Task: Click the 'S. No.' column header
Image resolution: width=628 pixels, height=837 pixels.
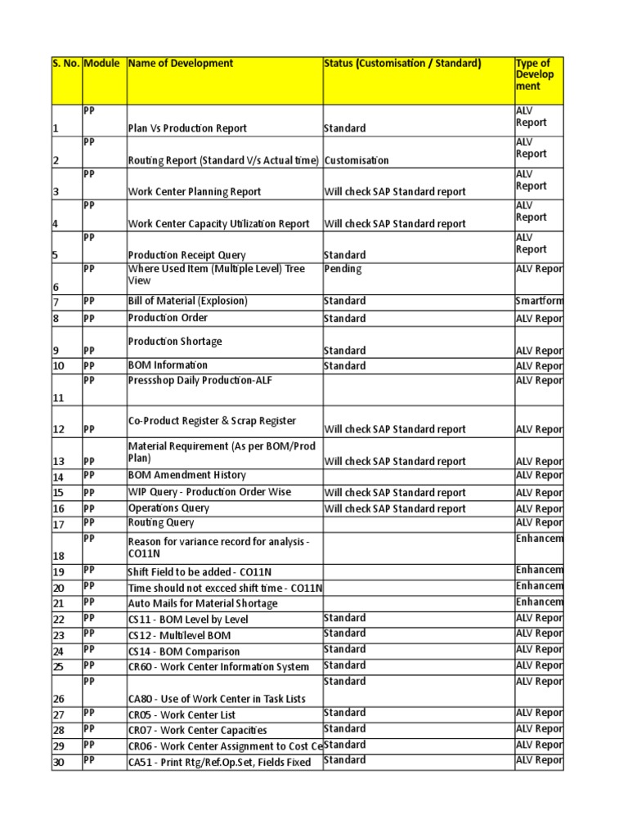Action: coord(66,64)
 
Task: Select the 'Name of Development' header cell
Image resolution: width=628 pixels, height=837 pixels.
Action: coord(181,64)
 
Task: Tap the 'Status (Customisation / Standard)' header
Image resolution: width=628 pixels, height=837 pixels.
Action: coord(402,64)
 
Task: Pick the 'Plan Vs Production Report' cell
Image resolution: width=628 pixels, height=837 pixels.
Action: coord(187,128)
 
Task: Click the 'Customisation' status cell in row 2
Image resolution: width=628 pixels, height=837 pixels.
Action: coord(357,161)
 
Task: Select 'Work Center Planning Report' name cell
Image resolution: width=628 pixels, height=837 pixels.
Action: coord(195,192)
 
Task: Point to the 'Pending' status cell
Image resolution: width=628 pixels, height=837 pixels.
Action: coord(343,269)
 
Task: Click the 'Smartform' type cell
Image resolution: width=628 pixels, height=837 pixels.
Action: coord(539,302)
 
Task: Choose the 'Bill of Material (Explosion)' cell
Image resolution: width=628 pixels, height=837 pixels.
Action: coord(187,302)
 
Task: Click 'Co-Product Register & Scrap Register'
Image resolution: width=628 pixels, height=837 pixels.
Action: coord(212,421)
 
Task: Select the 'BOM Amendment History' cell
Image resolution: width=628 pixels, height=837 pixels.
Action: coord(186,476)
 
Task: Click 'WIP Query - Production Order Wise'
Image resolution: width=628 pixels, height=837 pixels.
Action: coord(209,493)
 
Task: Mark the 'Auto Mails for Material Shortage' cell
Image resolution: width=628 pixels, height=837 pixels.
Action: coord(203,604)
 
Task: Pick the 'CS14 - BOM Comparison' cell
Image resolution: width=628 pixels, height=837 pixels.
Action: coord(184,652)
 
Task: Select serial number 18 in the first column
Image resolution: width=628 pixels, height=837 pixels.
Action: coord(58,555)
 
